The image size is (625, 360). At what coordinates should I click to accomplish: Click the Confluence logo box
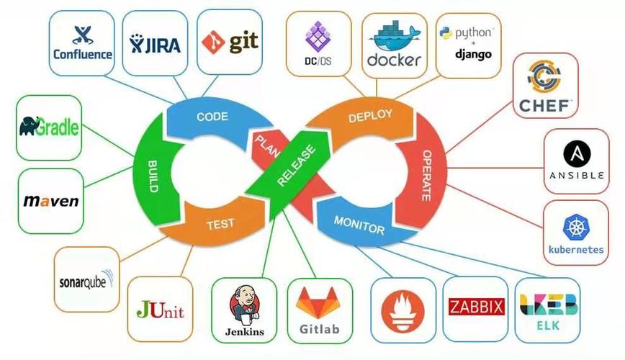click(82, 43)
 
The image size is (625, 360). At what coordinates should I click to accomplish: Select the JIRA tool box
click(156, 43)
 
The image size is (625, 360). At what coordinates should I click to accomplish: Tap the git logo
click(229, 42)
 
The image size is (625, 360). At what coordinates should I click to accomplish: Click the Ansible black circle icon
click(577, 153)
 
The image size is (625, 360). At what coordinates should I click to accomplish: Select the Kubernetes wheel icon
click(576, 228)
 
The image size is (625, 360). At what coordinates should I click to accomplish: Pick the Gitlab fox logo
click(318, 302)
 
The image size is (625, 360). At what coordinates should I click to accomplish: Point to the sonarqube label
click(86, 282)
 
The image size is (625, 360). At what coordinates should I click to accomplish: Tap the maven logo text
click(50, 201)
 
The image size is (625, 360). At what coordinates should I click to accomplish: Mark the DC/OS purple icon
click(317, 35)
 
